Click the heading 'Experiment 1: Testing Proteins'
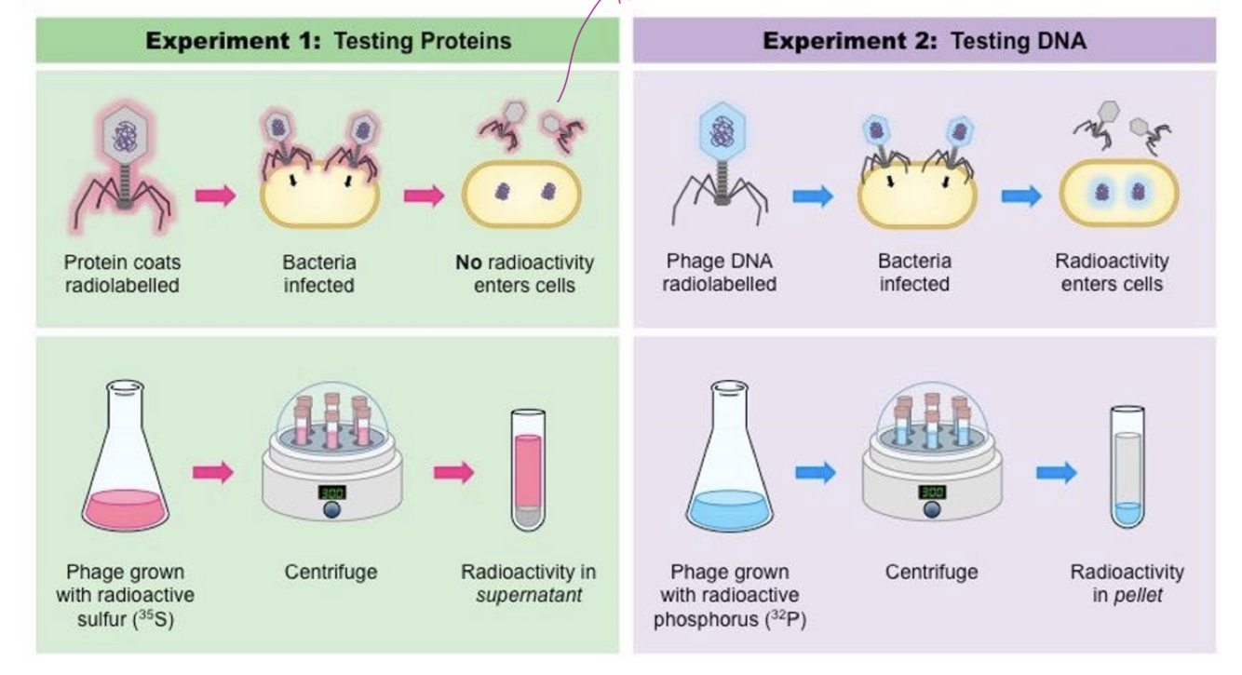point(328,41)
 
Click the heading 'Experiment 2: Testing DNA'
point(924,41)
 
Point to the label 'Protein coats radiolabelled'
point(122,274)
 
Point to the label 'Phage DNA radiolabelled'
point(720,273)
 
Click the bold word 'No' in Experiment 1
point(468,263)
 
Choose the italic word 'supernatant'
point(528,594)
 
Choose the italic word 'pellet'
point(1139,594)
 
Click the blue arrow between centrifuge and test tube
point(1056,472)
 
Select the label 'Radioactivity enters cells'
point(1112,273)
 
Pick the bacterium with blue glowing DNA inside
point(1119,195)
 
